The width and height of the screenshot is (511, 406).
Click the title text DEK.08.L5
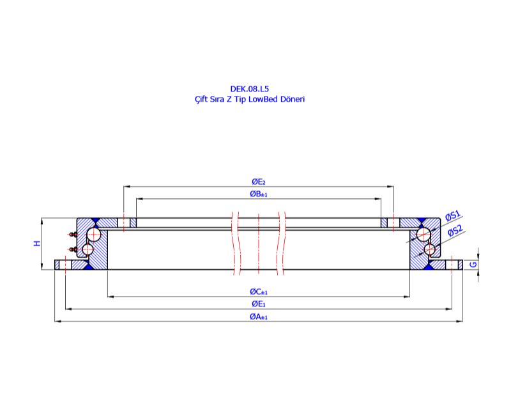click(249, 89)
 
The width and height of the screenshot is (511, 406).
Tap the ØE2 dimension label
click(259, 182)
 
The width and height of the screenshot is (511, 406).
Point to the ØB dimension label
click(259, 194)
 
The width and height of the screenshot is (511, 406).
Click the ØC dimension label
click(259, 292)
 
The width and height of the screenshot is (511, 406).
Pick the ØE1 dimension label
click(259, 304)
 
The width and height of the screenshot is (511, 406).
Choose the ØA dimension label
click(259, 316)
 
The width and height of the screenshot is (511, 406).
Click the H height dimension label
click(38, 243)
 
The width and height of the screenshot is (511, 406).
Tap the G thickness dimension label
click(473, 265)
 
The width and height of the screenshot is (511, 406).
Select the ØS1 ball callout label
click(453, 215)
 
